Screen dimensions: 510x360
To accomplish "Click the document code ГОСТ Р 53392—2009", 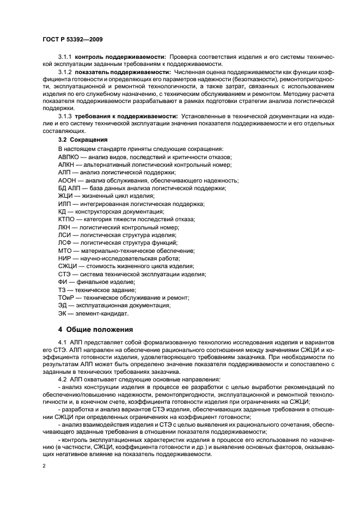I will [72, 40].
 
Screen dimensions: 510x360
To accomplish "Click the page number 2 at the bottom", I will [44, 466].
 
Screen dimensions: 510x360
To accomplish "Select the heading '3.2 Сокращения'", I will [80, 140].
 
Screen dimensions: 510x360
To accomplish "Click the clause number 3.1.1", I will [65, 57].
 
